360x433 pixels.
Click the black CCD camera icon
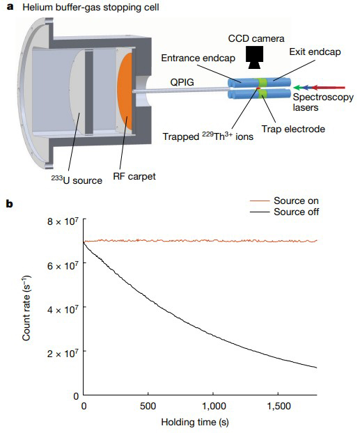click(254, 57)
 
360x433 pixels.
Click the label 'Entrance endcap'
click(198, 58)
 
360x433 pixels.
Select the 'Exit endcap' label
click(315, 52)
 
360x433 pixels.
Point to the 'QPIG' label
click(182, 82)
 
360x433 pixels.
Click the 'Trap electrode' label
click(293, 129)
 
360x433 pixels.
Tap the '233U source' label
click(77, 180)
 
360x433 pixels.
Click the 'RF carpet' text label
click(134, 176)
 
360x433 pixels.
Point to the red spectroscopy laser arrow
click(328, 88)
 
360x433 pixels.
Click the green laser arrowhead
click(297, 88)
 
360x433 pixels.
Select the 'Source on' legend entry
click(284, 200)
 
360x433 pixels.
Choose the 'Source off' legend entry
click(284, 212)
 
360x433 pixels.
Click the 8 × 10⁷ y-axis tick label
click(63, 221)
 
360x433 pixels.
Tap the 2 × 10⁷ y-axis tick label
click(63, 353)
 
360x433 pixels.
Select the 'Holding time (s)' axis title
click(195, 422)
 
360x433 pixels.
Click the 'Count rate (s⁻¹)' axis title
click(26, 308)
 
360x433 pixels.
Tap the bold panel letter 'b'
click(10, 204)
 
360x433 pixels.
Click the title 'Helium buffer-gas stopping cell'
click(91, 7)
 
